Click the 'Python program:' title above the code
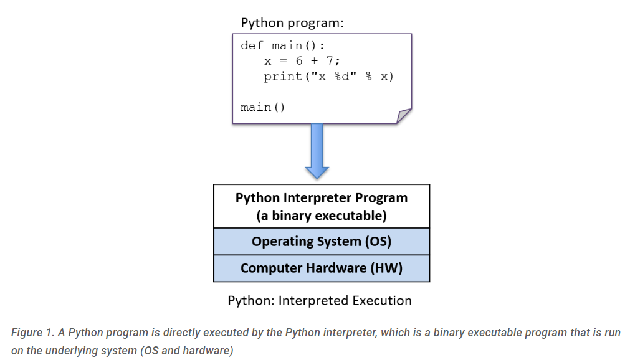292,23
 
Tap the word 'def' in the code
252,45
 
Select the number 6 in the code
299,60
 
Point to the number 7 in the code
330,60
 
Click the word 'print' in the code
283,76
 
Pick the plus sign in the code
315,61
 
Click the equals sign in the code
283,61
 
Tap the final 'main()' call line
263,107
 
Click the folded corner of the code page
403,116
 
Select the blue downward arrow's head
317,172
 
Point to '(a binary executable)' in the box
322,216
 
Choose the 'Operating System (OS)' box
322,241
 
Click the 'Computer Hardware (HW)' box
322,268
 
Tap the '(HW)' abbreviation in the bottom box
386,268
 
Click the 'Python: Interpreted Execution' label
320,300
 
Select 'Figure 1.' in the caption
32,332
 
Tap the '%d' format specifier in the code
342,76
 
